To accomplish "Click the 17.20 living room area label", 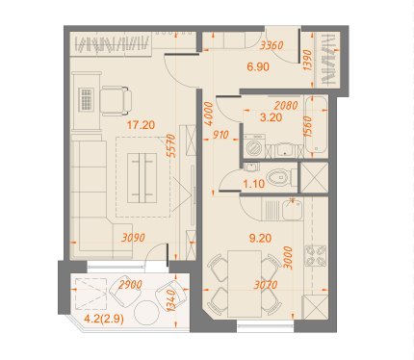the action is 141,125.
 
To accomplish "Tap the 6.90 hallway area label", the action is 258,66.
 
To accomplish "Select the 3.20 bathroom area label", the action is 272,117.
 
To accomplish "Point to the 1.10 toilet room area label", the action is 254,184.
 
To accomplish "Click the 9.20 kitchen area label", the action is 260,238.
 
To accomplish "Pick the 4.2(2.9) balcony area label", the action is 104,320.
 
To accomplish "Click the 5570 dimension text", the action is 172,145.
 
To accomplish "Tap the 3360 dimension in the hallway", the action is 272,45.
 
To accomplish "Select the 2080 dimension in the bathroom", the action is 286,105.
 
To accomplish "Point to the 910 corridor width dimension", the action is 220,135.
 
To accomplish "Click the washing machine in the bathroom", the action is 255,146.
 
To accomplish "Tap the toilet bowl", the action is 279,177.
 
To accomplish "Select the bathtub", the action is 316,126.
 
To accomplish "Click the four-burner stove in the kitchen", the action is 315,256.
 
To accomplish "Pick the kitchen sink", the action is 292,209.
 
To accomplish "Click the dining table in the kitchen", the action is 245,284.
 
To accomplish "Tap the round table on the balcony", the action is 146,313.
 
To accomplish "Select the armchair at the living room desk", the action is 116,100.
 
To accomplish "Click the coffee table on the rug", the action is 142,178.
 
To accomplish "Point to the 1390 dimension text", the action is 307,61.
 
